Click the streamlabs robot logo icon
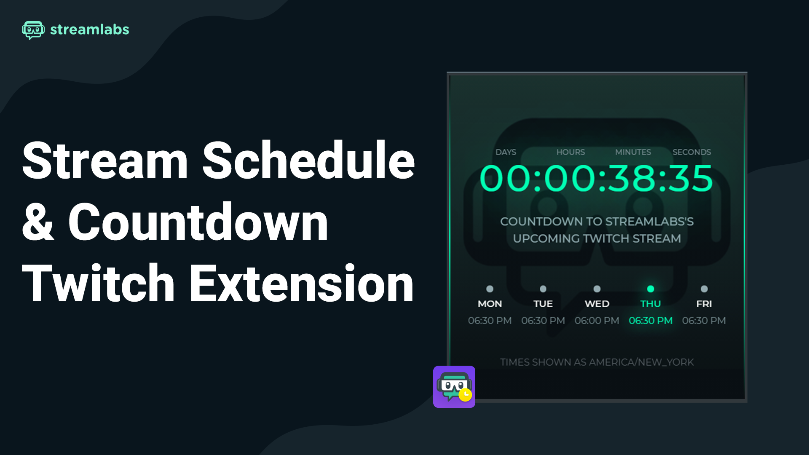[33, 30]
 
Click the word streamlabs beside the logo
[90, 29]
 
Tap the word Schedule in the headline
[309, 161]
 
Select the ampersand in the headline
[38, 222]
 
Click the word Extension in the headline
[302, 283]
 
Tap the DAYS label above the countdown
[506, 152]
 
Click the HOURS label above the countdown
[571, 152]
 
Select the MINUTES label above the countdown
[633, 152]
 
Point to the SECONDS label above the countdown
[691, 152]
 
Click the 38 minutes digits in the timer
[631, 179]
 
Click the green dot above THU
[651, 289]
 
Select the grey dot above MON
[490, 289]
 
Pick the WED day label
[597, 304]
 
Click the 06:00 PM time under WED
[597, 321]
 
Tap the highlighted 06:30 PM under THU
[651, 321]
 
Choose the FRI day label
[704, 304]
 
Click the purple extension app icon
[454, 387]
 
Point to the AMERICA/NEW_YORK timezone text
[641, 362]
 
